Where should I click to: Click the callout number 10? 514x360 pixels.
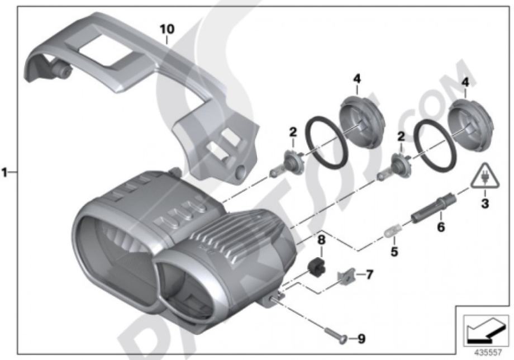pos(167,29)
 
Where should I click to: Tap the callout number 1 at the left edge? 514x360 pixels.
pos(4,172)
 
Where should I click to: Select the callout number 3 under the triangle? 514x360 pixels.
pos(485,203)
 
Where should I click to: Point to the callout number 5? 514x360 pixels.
pos(394,252)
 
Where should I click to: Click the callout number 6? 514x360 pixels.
pos(441,226)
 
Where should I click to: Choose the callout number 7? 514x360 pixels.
pos(369,274)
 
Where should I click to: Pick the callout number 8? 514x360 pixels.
pos(321,240)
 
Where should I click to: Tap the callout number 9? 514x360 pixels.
pos(361,339)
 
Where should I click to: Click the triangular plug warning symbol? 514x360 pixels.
pos(485,177)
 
